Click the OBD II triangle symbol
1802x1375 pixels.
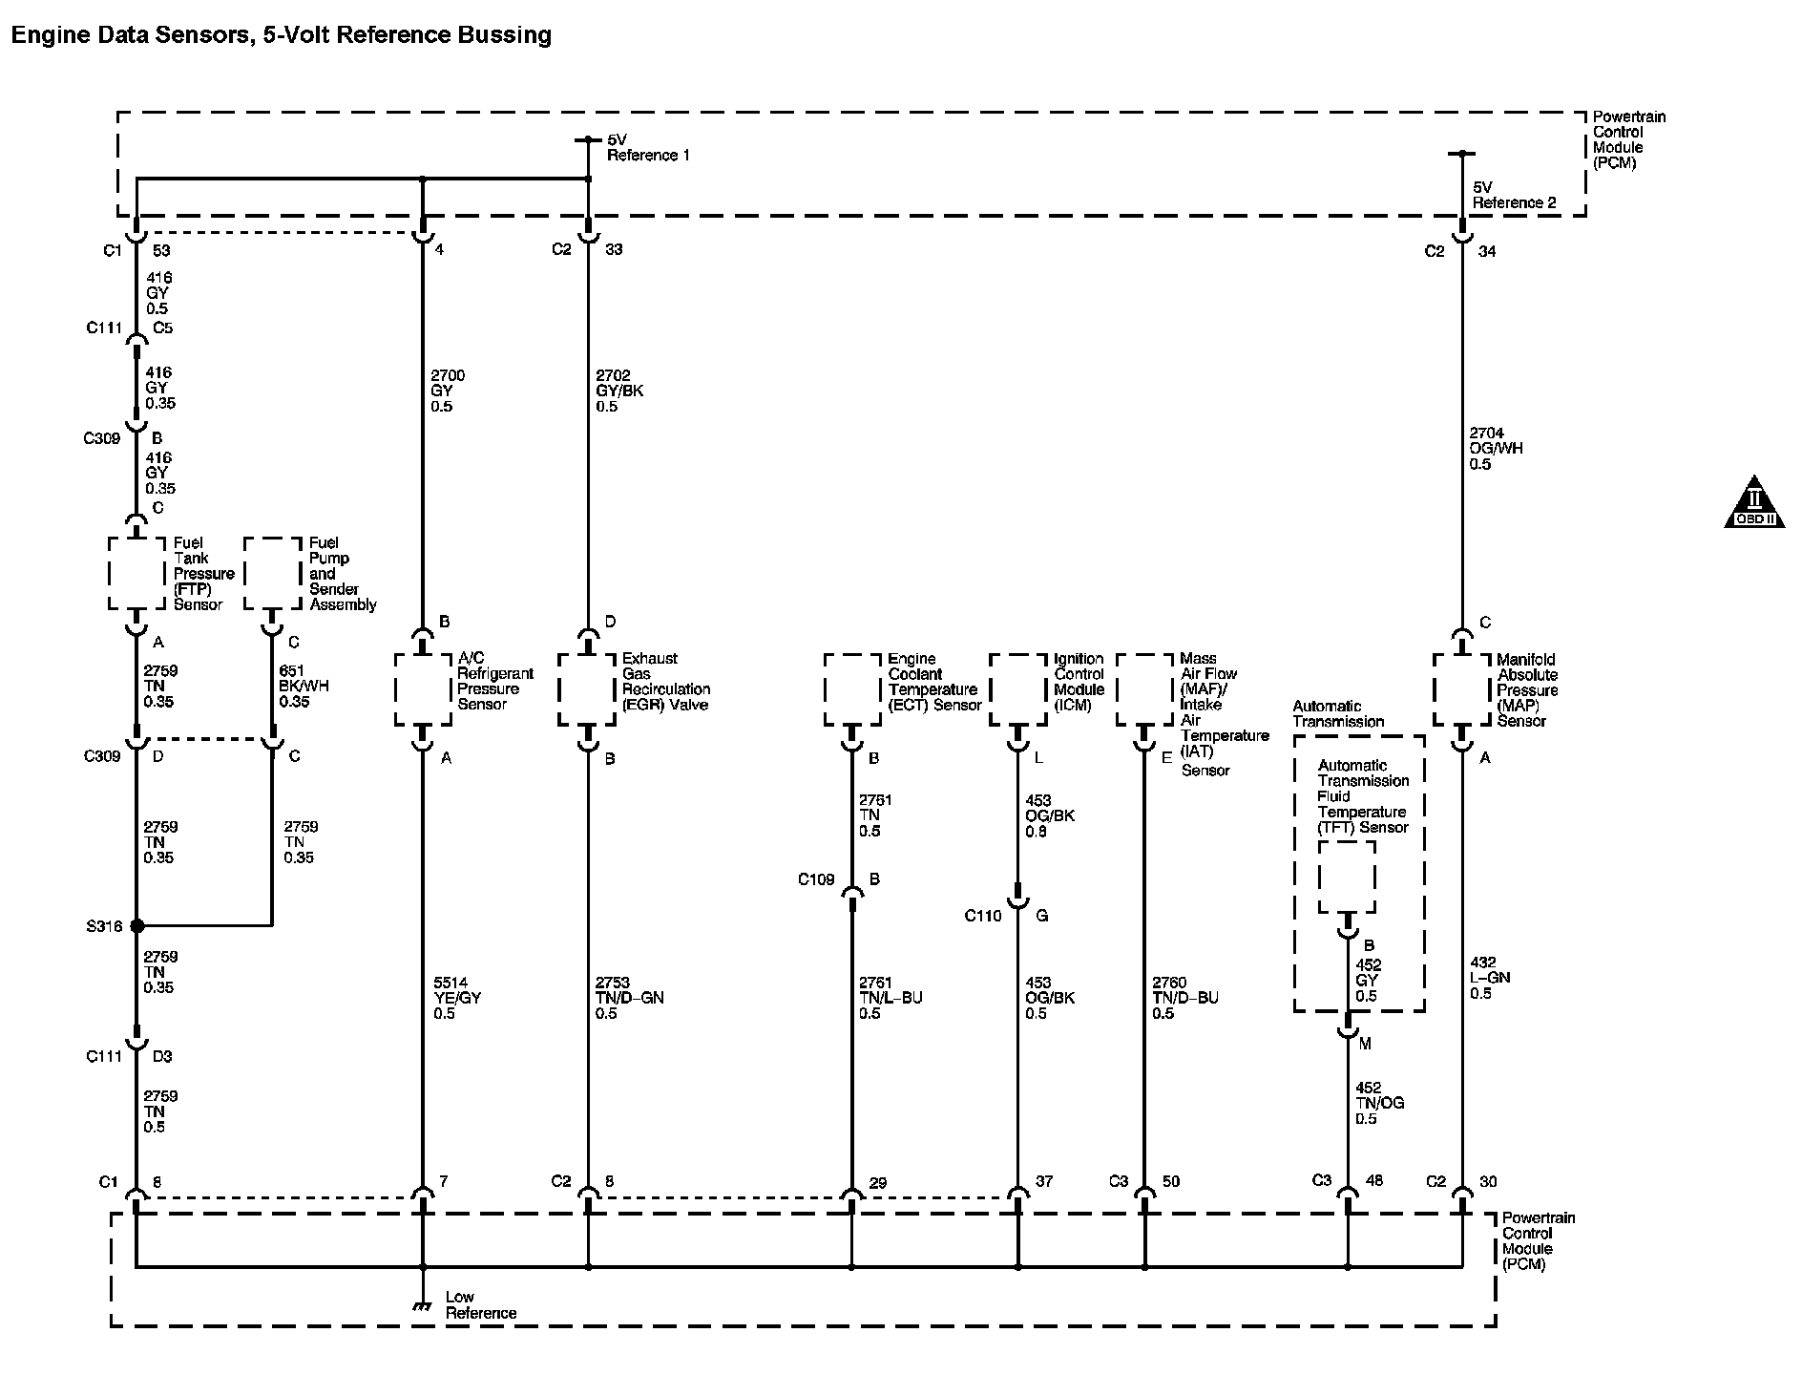pyautogui.click(x=1754, y=503)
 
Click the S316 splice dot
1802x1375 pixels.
pyautogui.click(x=136, y=925)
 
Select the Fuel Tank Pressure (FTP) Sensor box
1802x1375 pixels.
pyautogui.click(x=136, y=573)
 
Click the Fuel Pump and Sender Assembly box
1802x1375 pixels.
pyautogui.click(x=272, y=573)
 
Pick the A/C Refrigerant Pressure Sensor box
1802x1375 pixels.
pyautogui.click(x=423, y=689)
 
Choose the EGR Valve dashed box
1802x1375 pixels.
pyautogui.click(x=586, y=689)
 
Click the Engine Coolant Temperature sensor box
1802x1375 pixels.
pyautogui.click(x=852, y=689)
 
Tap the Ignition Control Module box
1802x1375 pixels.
pyautogui.click(x=1018, y=689)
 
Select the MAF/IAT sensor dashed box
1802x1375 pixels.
pyautogui.click(x=1144, y=689)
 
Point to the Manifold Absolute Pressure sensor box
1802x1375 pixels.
pyautogui.click(x=1461, y=689)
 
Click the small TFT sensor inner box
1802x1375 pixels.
pyautogui.click(x=1347, y=877)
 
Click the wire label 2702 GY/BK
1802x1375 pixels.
pyautogui.click(x=619, y=391)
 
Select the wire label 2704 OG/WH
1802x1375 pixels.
pyautogui.click(x=1496, y=449)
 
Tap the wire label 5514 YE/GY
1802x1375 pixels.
pyautogui.click(x=457, y=998)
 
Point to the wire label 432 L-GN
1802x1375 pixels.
pyautogui.click(x=1490, y=978)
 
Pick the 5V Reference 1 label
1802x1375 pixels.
pyautogui.click(x=647, y=147)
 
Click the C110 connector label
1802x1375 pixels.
pyautogui.click(x=983, y=916)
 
